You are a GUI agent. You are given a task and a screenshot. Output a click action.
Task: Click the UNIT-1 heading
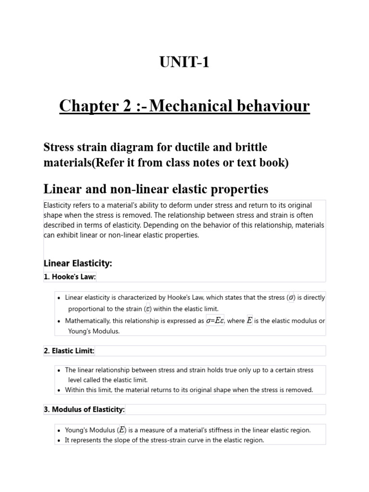point(184,62)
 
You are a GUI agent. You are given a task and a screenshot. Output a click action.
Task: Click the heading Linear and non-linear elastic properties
point(156,188)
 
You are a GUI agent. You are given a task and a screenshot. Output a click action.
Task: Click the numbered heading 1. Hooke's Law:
point(70,277)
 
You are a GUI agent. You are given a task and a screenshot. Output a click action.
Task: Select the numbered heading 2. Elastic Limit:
point(69,351)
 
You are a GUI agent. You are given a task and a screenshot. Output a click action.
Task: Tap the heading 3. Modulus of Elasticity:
point(85,409)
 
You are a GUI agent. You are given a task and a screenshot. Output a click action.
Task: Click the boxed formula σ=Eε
point(215,320)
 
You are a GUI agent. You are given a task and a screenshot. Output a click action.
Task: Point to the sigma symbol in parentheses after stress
point(291,298)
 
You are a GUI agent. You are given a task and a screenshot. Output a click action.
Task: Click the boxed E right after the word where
point(249,320)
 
